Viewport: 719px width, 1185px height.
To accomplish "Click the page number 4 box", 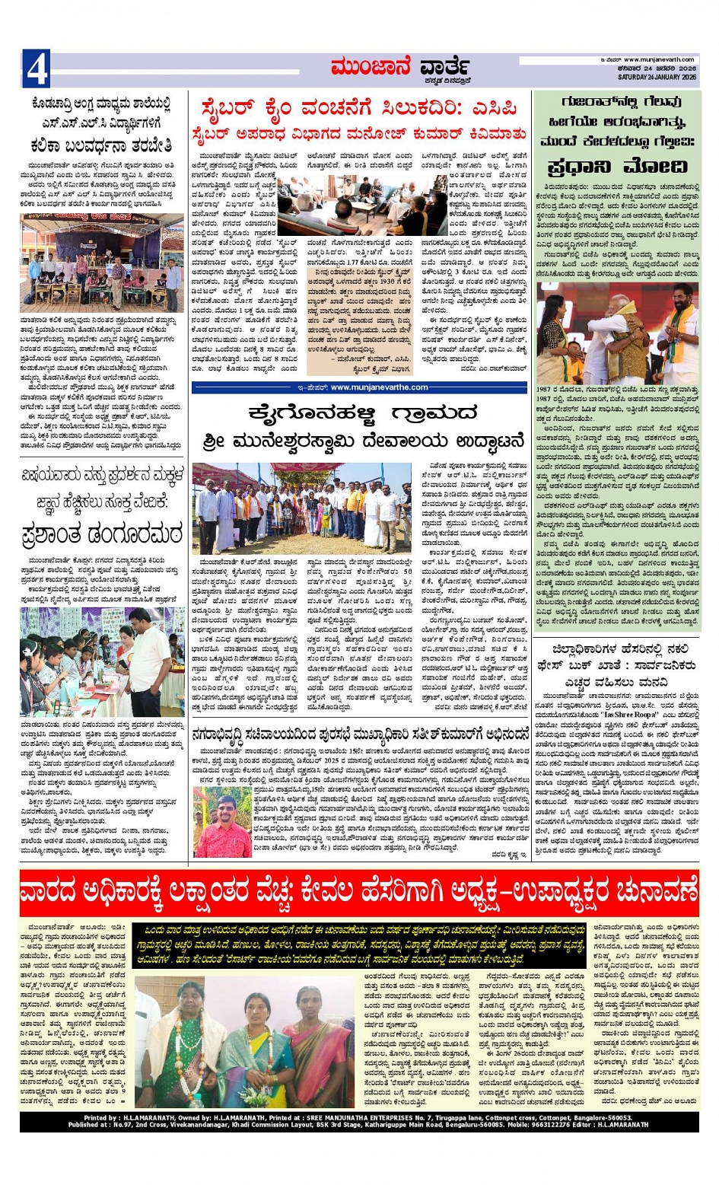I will tap(36, 69).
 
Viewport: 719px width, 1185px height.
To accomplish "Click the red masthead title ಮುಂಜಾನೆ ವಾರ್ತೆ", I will tap(399, 68).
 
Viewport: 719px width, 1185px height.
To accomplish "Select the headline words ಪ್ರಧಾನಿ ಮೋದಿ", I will tap(616, 167).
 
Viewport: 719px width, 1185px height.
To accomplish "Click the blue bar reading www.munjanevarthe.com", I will tap(359, 387).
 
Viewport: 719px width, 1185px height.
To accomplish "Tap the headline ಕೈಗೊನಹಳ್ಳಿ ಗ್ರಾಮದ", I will tap(359, 413).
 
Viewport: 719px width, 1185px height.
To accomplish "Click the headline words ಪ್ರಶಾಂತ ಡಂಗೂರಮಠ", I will tap(101, 533).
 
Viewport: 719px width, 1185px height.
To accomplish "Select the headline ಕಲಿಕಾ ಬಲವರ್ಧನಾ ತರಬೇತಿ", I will tap(101, 145).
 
